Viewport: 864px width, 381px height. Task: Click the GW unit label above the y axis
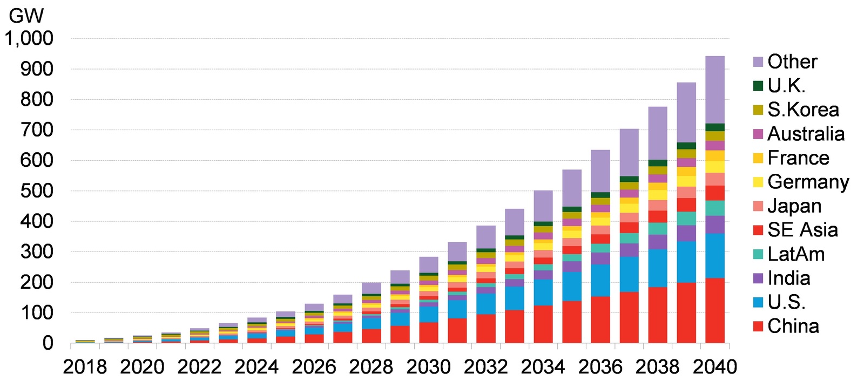coord(25,16)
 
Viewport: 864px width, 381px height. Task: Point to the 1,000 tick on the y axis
coord(29,38)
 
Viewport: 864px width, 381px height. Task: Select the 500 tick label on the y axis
coord(37,190)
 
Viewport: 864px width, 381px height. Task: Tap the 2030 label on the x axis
coord(428,367)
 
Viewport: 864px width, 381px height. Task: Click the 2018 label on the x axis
coord(85,367)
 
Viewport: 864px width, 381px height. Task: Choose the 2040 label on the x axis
coord(714,367)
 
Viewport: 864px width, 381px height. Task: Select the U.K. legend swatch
coord(758,86)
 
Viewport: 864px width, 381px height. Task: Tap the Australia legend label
coord(806,134)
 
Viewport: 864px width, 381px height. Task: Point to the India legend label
coord(788,278)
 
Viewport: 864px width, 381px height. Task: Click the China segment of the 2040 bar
coord(715,310)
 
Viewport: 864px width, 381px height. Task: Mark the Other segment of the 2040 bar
coord(715,90)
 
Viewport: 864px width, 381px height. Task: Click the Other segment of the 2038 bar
coord(658,133)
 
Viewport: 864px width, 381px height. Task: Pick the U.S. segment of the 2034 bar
coord(543,292)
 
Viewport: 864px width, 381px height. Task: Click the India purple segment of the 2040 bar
coord(715,224)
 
